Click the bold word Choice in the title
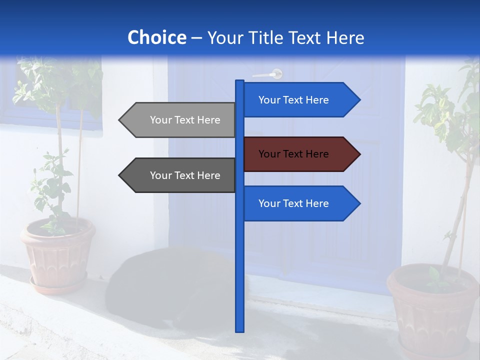[156, 38]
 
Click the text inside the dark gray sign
[185, 175]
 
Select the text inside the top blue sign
[293, 100]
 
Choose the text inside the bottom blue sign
[293, 203]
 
